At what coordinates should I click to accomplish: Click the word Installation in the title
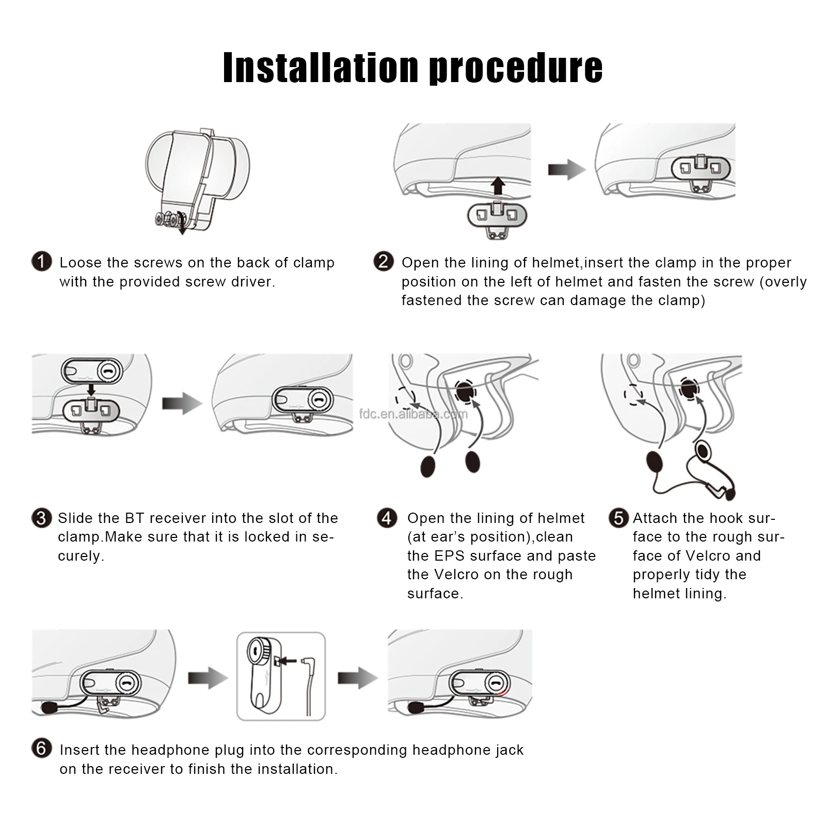[x=320, y=68]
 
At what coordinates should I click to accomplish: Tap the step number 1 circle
[x=42, y=261]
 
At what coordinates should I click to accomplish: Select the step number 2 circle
[x=384, y=261]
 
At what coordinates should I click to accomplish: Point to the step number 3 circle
[x=41, y=518]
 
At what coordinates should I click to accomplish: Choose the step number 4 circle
[x=387, y=518]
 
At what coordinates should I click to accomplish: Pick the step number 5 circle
[x=618, y=518]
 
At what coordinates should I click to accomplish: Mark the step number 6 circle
[x=42, y=748]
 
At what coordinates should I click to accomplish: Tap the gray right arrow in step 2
[x=567, y=169]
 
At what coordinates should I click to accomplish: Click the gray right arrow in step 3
[x=182, y=403]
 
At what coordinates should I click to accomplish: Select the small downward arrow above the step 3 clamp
[x=91, y=390]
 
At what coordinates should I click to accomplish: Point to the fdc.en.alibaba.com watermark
[x=414, y=414]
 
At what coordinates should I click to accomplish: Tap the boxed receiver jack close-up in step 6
[x=281, y=676]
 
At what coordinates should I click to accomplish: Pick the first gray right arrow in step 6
[x=208, y=678]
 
